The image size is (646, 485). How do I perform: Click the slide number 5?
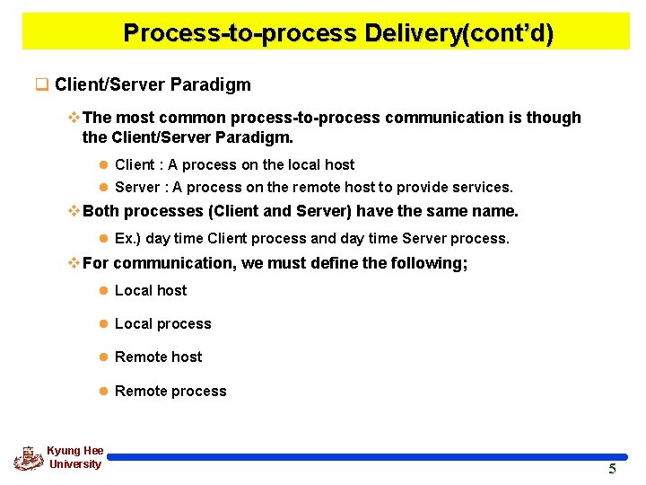coord(613,469)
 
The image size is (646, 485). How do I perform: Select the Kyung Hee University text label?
coord(75,457)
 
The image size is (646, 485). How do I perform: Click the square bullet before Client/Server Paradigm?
coord(40,85)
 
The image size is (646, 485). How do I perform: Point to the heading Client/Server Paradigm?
coord(153,85)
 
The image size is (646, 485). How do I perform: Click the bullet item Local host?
coord(151,290)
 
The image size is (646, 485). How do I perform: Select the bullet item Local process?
coord(162,323)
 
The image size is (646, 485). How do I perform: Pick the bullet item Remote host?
coord(158,357)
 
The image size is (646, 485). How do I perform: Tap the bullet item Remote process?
coord(170,391)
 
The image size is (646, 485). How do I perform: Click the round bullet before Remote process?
coord(103,391)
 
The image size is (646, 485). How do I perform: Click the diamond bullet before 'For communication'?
coord(74,263)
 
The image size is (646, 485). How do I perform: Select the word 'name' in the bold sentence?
coord(495,212)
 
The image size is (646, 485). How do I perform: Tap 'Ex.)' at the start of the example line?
coord(127,239)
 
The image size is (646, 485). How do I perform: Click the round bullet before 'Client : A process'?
coord(103,165)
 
